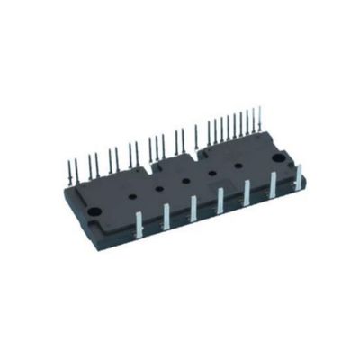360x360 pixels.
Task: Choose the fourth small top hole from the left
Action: (213, 172)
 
